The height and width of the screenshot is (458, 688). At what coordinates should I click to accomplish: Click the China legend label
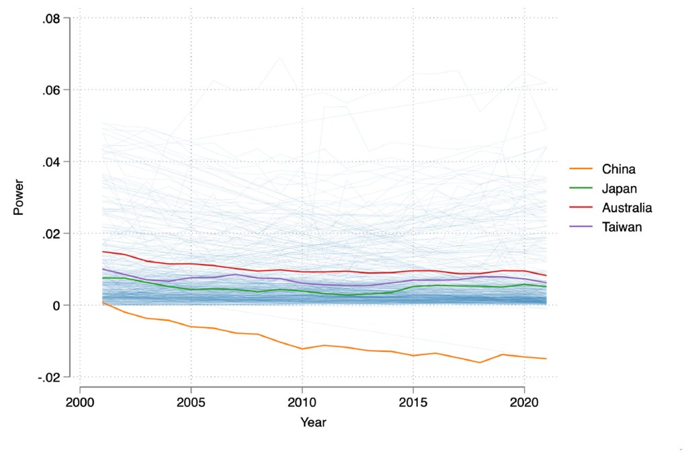point(619,169)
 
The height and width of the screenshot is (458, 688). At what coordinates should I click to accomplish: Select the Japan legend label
point(620,189)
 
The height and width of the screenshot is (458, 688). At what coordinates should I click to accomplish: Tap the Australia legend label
point(627,208)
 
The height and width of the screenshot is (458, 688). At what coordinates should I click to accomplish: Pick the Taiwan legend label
point(622,227)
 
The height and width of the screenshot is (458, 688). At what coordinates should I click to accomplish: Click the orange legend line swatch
point(581,169)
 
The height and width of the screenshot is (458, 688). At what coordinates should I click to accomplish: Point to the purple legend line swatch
point(581,227)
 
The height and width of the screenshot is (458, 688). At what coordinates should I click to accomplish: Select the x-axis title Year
point(313,422)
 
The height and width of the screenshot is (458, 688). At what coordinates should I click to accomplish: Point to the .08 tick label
point(52,18)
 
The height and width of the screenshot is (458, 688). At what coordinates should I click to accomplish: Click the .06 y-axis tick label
point(52,90)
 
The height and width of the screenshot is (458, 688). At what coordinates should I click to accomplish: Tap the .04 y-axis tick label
point(52,162)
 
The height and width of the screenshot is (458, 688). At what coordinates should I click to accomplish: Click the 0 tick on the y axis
point(58,306)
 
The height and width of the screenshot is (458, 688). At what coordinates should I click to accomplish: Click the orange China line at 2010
point(302,349)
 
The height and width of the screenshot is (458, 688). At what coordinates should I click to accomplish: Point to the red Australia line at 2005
point(191,264)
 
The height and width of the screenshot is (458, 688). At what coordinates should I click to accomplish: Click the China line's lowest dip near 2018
point(480,363)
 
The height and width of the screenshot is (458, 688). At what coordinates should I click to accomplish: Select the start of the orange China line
point(103,303)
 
